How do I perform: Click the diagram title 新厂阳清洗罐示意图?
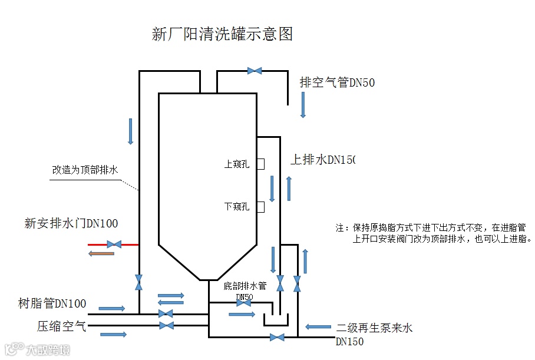[222, 34]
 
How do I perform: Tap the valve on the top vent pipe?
[255, 71]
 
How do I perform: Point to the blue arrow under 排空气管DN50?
[303, 104]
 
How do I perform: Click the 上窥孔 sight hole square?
[260, 164]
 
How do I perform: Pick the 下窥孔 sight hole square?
[260, 207]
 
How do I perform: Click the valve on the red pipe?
[114, 244]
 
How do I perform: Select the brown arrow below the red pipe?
[101, 254]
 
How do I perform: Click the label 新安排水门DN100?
[71, 223]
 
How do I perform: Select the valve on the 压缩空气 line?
[167, 325]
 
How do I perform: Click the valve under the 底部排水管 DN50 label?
[243, 303]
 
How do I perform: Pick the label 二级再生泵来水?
[374, 328]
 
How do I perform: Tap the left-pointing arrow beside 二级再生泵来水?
[318, 326]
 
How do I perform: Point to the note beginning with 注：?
[434, 233]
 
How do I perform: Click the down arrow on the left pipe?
[131, 131]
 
